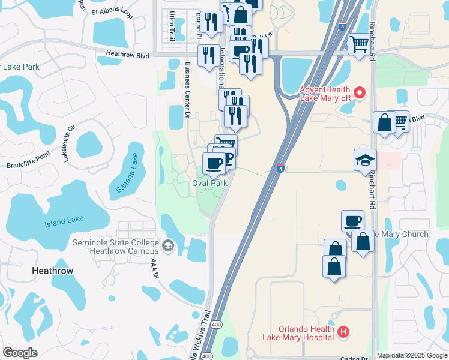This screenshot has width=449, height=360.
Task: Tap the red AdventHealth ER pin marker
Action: click(360, 92)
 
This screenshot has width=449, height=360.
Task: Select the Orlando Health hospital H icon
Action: click(343, 332)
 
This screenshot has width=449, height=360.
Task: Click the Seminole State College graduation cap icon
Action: click(168, 245)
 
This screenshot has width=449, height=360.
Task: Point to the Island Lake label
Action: click(64, 220)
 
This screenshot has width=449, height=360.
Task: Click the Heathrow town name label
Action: click(53, 271)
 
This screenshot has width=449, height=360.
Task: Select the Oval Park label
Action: click(209, 183)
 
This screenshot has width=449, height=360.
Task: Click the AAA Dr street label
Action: click(154, 266)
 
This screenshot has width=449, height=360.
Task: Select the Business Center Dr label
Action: click(188, 91)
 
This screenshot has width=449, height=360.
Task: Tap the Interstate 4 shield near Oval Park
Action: click(281, 169)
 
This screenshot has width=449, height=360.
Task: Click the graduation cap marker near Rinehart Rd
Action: click(365, 161)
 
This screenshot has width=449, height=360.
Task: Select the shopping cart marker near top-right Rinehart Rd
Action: click(359, 44)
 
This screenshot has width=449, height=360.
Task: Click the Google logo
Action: click(20, 353)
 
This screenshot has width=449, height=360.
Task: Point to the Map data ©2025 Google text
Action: click(412, 355)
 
